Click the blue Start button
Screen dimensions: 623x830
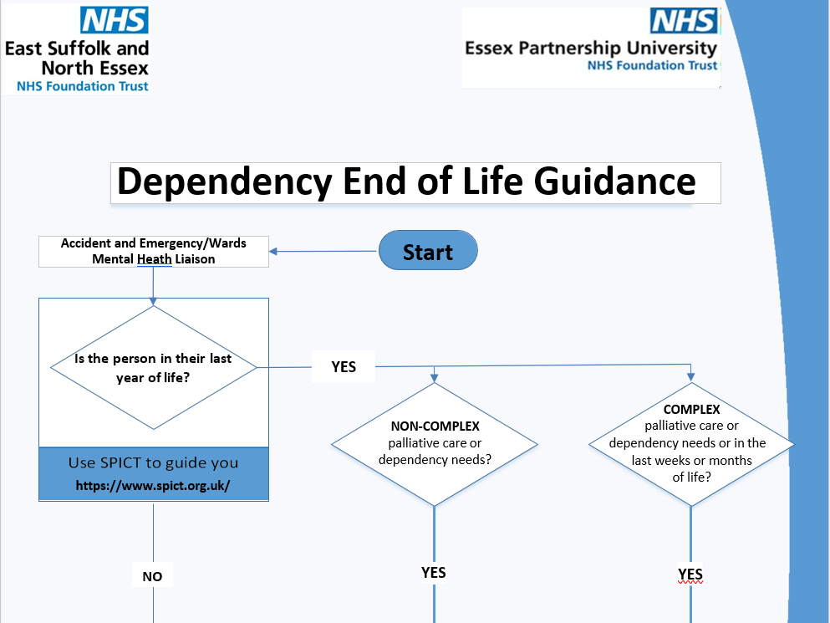428,252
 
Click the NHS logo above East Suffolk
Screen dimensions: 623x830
114,21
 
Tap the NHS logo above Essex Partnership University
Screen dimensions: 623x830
683,21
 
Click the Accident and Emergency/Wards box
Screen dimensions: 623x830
154,251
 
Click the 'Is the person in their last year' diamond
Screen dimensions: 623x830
153,368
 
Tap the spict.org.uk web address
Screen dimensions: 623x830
153,485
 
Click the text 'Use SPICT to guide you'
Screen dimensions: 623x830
153,462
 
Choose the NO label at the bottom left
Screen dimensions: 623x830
152,576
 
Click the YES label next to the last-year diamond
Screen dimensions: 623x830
344,366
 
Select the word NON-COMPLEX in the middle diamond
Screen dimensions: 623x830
435,426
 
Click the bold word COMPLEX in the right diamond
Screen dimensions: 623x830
691,410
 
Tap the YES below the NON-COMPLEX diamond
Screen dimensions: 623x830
434,573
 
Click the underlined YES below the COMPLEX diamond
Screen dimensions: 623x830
690,574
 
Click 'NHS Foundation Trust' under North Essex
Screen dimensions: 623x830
83,86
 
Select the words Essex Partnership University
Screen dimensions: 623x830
591,48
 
